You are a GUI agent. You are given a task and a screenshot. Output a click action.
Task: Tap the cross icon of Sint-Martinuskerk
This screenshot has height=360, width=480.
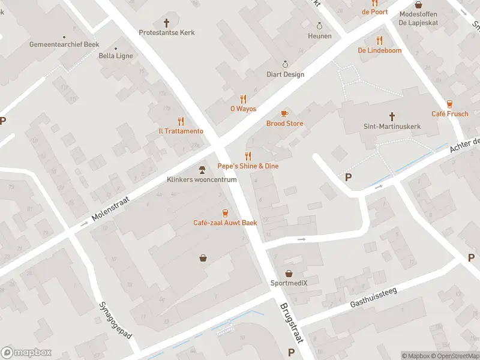[x=392, y=116]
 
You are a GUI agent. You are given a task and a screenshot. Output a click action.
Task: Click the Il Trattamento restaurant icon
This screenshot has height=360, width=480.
[x=181, y=121]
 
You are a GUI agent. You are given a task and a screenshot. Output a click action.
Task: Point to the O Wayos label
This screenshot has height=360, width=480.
[x=243, y=109]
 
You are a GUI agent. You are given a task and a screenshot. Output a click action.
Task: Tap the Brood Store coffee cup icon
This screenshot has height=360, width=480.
[x=285, y=113]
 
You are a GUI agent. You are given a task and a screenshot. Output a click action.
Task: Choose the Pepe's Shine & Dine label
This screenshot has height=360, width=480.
[x=248, y=166]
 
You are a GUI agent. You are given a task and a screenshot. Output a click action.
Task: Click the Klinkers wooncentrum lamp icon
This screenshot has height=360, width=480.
[x=202, y=169]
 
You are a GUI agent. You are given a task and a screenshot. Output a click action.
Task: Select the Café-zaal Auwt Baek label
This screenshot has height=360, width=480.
[x=225, y=223]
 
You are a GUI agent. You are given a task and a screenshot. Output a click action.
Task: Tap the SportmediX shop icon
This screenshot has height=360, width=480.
[x=289, y=273]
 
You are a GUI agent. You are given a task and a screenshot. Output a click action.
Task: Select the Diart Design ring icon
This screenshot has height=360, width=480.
[x=286, y=64]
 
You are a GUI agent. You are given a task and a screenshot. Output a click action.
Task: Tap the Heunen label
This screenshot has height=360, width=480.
[x=320, y=36]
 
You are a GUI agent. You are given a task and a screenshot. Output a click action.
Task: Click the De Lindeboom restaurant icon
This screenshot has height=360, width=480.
[x=379, y=40]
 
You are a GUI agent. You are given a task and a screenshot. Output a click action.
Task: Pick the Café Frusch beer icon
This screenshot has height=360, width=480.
[x=449, y=104]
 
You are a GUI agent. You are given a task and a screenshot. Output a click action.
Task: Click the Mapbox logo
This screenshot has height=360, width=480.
[x=27, y=353]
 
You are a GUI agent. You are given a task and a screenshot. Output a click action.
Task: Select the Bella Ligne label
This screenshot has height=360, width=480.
[x=115, y=56]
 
